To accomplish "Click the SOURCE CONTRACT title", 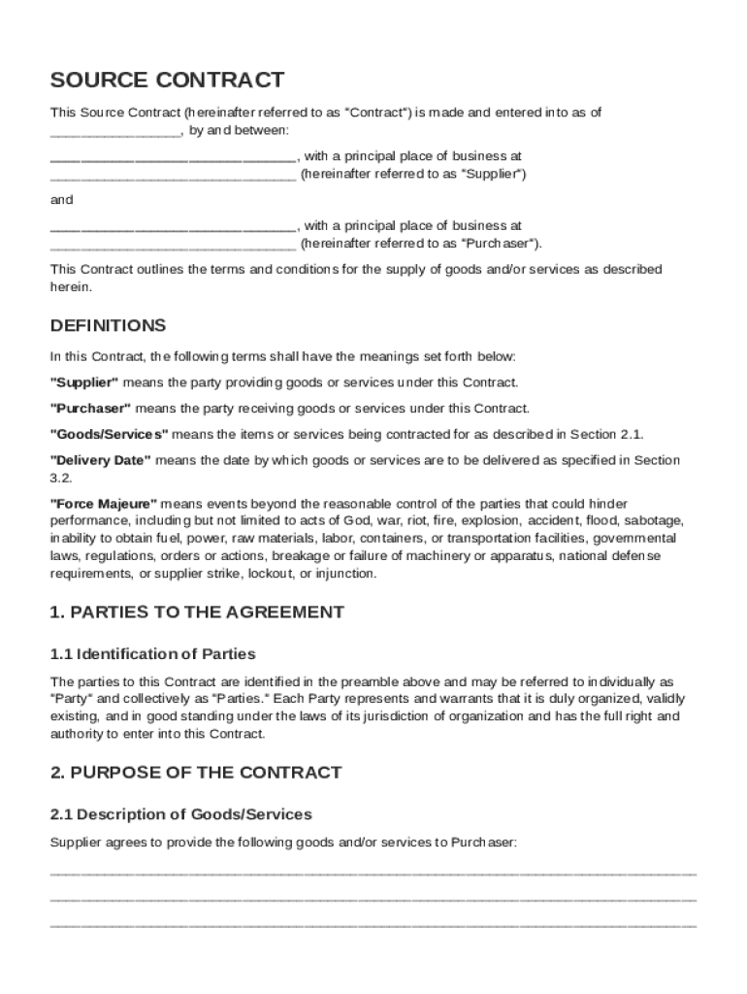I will (167, 80).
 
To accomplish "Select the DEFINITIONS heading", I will (108, 325).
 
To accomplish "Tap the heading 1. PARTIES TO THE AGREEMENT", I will (197, 613).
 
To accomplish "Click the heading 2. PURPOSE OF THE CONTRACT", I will (196, 773).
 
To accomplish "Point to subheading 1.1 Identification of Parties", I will (152, 653).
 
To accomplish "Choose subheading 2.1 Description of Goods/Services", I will (180, 813).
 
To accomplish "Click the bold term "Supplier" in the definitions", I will (84, 382).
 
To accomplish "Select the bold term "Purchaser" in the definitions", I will (89, 408).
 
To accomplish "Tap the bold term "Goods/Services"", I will (109, 433).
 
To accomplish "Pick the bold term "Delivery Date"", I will (100, 459).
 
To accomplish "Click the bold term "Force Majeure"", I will (103, 504).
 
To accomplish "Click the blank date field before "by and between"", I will (114, 131).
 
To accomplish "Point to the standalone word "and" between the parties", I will (61, 200).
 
